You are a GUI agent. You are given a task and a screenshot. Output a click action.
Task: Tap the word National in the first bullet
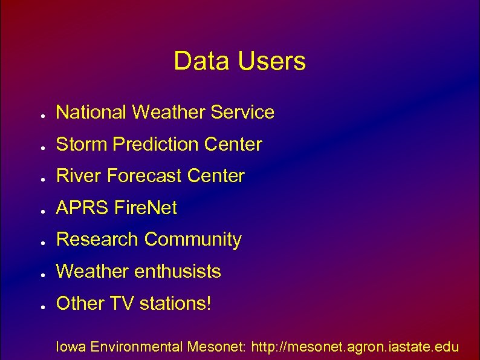(91, 112)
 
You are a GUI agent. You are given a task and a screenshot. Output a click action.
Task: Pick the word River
(79, 176)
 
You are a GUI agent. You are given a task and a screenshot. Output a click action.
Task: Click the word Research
(97, 240)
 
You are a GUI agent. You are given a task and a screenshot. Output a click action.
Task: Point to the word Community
(193, 240)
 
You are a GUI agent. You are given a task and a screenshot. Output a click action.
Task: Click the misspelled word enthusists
(178, 272)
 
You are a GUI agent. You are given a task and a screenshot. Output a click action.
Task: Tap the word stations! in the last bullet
(176, 303)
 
